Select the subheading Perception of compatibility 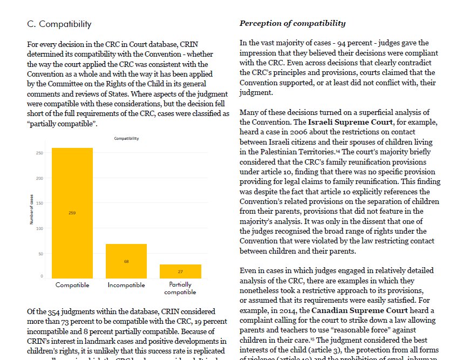(x=293, y=23)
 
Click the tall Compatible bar (x=72, y=213)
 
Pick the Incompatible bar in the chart (x=126, y=261)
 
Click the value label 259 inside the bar (x=72, y=213)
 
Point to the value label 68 (x=126, y=261)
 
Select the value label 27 (x=180, y=271)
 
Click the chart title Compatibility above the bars (x=126, y=139)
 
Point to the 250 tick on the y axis (x=39, y=153)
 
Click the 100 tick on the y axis (x=39, y=228)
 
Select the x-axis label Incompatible (x=126, y=285)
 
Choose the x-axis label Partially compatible (x=180, y=288)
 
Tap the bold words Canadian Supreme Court (x=356, y=311)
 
